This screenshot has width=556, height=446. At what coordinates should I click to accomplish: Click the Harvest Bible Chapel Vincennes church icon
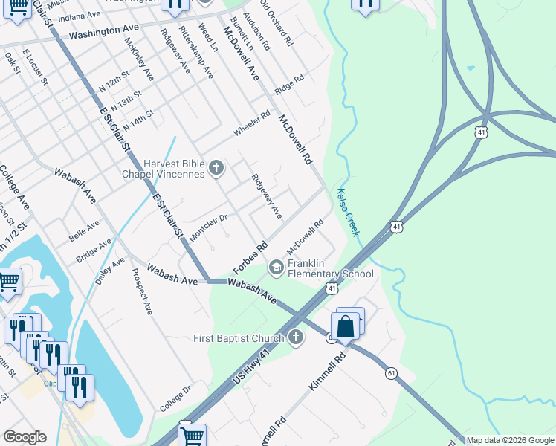(x=216, y=167)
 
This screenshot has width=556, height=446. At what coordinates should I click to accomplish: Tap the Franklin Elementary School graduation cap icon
(x=276, y=267)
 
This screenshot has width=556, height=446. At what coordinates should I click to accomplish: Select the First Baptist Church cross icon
(x=296, y=338)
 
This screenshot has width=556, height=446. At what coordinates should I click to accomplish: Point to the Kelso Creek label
(x=349, y=213)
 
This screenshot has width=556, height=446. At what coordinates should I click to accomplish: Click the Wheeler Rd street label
(x=252, y=123)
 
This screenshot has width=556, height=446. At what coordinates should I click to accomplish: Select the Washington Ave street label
(x=104, y=32)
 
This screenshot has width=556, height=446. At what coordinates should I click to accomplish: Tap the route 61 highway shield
(x=390, y=372)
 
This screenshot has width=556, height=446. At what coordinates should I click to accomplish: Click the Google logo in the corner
(x=25, y=436)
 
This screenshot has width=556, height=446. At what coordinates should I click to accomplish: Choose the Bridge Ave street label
(x=93, y=251)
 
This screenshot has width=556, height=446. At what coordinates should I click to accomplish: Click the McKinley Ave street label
(x=139, y=59)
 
